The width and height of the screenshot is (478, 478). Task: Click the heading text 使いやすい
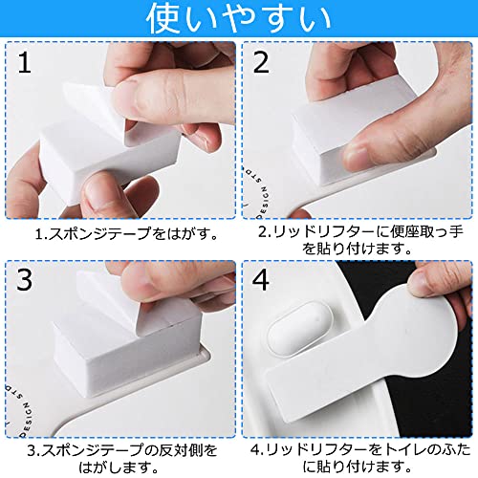coord(239,18)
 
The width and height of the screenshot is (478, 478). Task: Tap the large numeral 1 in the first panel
coord(24,62)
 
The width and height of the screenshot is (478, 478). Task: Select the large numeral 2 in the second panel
coord(261,62)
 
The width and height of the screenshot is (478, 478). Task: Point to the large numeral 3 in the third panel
coord(24,279)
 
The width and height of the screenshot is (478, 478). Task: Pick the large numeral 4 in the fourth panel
coord(261,279)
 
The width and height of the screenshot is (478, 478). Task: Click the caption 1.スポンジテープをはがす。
coord(126,234)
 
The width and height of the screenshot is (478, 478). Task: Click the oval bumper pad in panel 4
coord(299,328)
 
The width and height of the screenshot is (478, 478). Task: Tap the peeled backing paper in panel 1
coord(93,108)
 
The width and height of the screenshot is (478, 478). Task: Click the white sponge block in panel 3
coord(127,344)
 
